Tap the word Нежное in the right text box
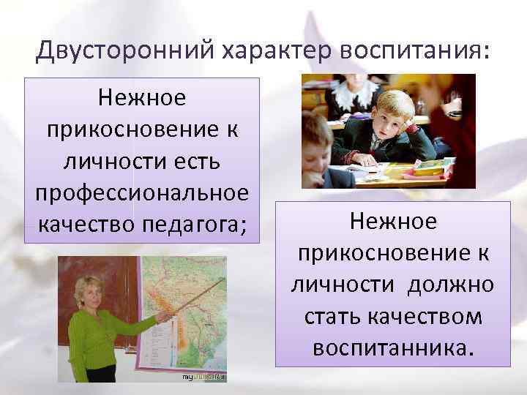pos(393,221)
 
